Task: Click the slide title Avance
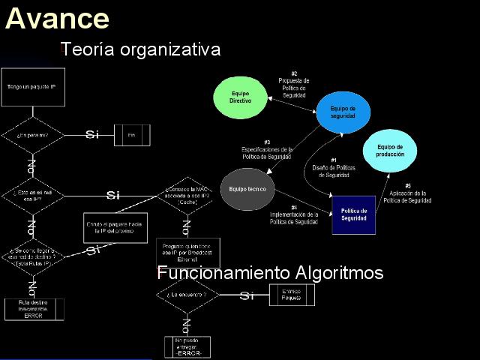point(57,18)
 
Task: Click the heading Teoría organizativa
point(140,49)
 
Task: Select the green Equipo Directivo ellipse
point(240,97)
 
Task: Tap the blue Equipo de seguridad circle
point(343,112)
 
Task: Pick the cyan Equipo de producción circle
point(390,150)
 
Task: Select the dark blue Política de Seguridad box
point(353,214)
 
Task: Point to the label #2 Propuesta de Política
point(294,84)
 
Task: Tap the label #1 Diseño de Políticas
point(334,168)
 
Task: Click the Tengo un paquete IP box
point(31,87)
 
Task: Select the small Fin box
point(131,135)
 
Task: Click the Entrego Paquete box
point(292,295)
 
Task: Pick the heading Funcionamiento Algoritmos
point(271,273)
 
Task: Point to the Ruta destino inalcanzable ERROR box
point(33,309)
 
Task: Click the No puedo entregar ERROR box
point(187,346)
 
